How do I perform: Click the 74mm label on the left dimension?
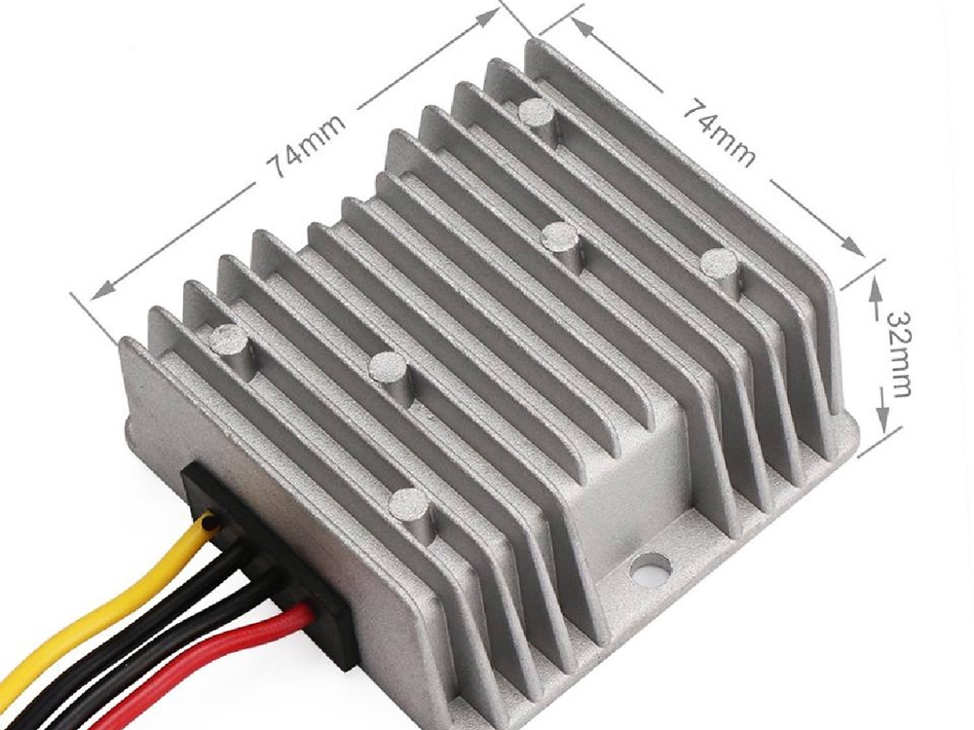pyautogui.click(x=305, y=146)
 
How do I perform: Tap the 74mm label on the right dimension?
pyautogui.click(x=720, y=134)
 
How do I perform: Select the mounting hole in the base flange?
pyautogui.click(x=650, y=566)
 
